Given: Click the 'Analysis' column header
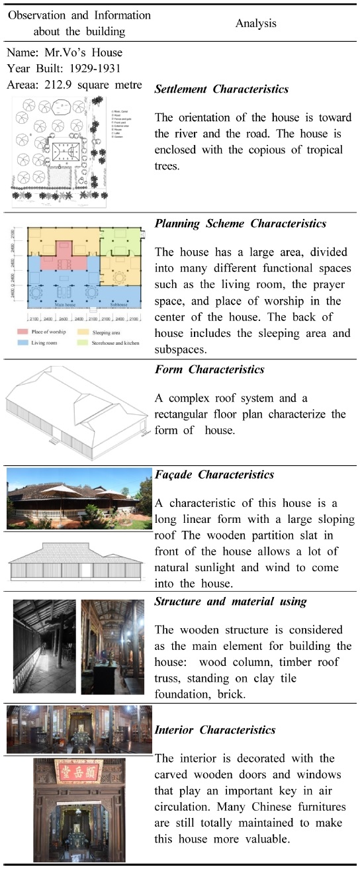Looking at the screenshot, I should pyautogui.click(x=255, y=23).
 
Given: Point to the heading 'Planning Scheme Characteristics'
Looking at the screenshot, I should pyautogui.click(x=240, y=224).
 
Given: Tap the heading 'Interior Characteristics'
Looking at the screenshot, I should pyautogui.click(x=214, y=730).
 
